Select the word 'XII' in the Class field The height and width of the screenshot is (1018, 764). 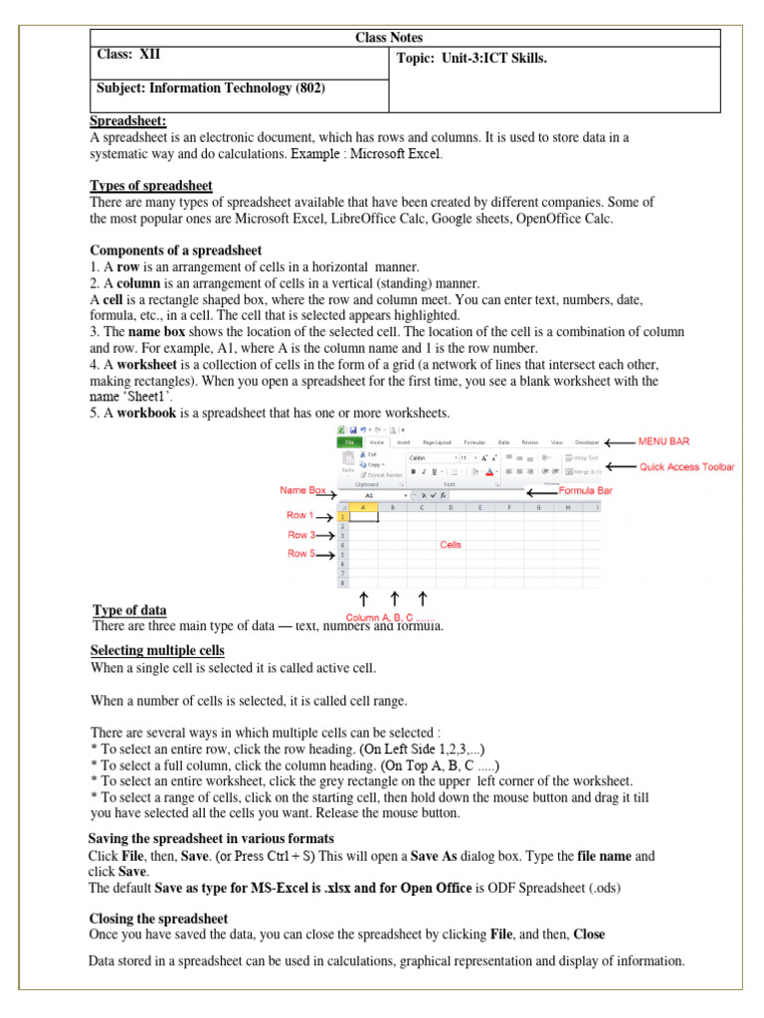pos(150,58)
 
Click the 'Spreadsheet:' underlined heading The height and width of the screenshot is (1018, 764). pos(128,121)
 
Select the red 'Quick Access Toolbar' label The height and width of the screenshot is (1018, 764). pos(686,466)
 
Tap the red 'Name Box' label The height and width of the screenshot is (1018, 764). pos(303,490)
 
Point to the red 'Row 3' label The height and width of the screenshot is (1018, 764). pos(301,535)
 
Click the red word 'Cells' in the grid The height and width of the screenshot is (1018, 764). pos(451,545)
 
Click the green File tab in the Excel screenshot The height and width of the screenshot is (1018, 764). pos(348,441)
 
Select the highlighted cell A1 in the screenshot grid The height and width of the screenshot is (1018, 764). pos(363,517)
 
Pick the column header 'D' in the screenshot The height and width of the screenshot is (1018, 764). pos(451,507)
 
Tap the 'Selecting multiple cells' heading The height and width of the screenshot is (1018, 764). pos(157,650)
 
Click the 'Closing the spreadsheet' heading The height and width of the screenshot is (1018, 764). pos(158,918)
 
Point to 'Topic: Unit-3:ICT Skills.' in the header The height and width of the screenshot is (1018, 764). pos(473,59)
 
